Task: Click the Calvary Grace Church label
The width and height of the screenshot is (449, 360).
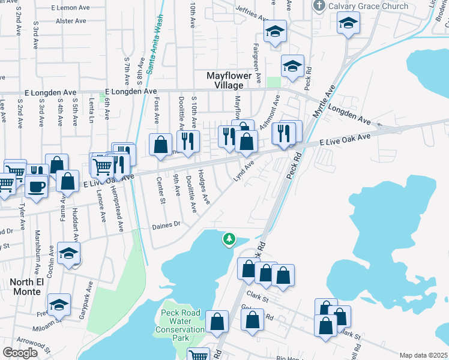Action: [x=369, y=6]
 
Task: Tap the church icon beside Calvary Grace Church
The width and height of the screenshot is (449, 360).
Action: [x=319, y=6]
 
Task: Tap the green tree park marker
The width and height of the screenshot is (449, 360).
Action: [x=229, y=239]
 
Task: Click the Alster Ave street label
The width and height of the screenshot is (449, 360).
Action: [x=71, y=20]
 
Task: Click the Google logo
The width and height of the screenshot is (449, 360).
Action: [x=20, y=353]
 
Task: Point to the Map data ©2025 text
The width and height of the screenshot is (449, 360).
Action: [x=423, y=355]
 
